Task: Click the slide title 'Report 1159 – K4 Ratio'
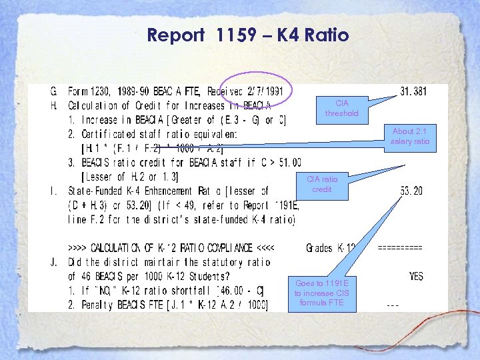point(247,35)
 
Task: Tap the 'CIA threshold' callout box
point(341,108)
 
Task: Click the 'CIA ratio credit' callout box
point(322,184)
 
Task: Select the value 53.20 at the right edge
point(411,191)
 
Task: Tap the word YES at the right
point(416,276)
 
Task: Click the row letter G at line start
point(54,91)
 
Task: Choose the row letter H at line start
point(54,105)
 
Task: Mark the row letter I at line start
point(54,191)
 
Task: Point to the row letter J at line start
point(54,262)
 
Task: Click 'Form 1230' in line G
point(91,91)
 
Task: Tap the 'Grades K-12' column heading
point(330,248)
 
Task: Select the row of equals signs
point(400,247)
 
